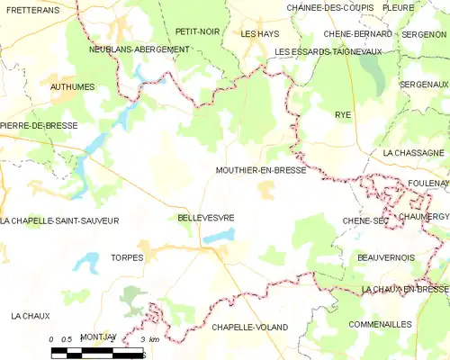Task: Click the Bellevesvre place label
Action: [206, 218]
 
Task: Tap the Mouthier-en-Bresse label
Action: [261, 170]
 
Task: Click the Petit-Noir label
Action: [197, 31]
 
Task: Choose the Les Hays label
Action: [260, 33]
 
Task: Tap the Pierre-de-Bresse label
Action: [39, 125]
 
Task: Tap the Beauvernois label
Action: [385, 257]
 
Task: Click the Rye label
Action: [343, 116]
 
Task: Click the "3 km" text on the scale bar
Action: [150, 337]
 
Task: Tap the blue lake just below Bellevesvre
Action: [219, 236]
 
